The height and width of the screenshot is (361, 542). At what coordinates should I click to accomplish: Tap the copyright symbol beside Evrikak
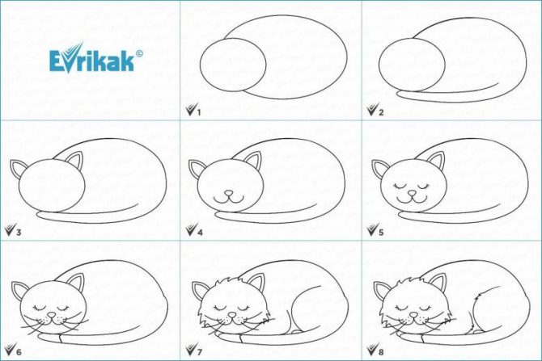tap(139, 53)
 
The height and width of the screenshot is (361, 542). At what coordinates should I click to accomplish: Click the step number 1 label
tap(199, 112)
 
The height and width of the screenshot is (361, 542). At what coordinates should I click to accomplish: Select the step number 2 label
tap(381, 112)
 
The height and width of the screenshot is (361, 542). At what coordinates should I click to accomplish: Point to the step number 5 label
tap(381, 233)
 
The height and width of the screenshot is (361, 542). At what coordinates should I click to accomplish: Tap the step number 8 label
tap(381, 352)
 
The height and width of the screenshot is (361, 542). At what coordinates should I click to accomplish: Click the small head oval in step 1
tap(233, 65)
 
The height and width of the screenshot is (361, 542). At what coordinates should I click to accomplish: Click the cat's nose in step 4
tap(228, 192)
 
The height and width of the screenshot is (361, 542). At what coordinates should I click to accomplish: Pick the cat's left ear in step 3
tap(18, 168)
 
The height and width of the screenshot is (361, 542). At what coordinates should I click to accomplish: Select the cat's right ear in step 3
tap(75, 161)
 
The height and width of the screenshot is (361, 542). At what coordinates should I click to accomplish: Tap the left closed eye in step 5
tap(401, 187)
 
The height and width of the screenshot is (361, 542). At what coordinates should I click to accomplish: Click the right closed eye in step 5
tap(424, 187)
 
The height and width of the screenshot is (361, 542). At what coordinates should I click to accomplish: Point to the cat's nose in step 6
tap(51, 315)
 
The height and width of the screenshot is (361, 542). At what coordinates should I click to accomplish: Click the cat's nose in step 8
tap(413, 315)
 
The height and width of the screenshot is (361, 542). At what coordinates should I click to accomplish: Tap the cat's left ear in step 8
tap(382, 290)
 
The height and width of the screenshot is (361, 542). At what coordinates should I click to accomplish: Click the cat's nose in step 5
tap(412, 192)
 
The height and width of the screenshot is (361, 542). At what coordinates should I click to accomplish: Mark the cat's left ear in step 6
tap(19, 290)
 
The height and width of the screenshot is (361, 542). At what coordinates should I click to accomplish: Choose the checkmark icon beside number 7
tap(190, 350)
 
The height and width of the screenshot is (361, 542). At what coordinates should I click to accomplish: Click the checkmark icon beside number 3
tap(10, 229)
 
